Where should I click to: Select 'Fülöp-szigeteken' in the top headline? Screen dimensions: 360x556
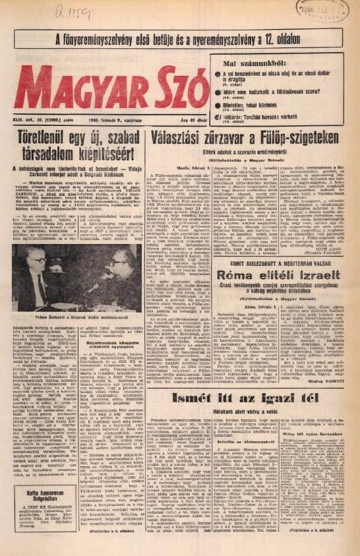click(x=295, y=137)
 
